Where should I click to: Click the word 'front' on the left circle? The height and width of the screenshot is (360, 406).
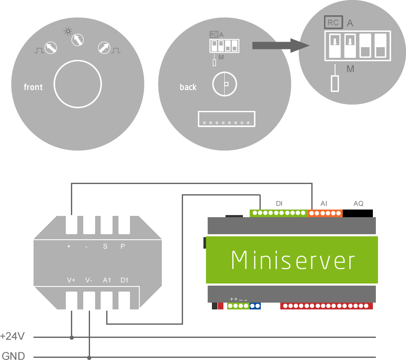coord(33,87)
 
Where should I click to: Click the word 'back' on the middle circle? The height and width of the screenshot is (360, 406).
coord(188,87)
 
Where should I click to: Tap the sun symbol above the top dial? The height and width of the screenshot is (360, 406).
coord(67,31)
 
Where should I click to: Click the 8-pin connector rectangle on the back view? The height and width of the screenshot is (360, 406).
coord(226,119)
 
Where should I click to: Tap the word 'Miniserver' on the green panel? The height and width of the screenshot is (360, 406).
coord(293,260)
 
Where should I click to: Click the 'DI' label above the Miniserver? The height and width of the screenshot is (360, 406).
coord(279,204)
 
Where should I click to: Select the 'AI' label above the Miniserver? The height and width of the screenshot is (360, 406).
coord(324,204)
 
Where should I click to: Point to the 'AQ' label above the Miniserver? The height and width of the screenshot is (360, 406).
coord(358,204)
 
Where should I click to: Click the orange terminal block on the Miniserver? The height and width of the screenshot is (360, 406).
coord(326,213)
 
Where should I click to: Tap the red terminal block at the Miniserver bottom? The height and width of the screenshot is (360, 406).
coord(326,306)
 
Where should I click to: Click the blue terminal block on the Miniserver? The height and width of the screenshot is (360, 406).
coord(255,306)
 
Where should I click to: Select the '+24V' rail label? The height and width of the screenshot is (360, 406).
coord(13,337)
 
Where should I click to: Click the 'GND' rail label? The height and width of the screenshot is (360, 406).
coord(14,356)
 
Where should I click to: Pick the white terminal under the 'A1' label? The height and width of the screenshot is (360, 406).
coord(107,300)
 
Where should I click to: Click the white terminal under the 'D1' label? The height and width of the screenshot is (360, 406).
coord(124,300)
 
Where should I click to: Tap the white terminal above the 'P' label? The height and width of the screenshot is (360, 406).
coord(124,224)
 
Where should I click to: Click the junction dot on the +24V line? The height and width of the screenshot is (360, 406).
coord(71,337)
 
